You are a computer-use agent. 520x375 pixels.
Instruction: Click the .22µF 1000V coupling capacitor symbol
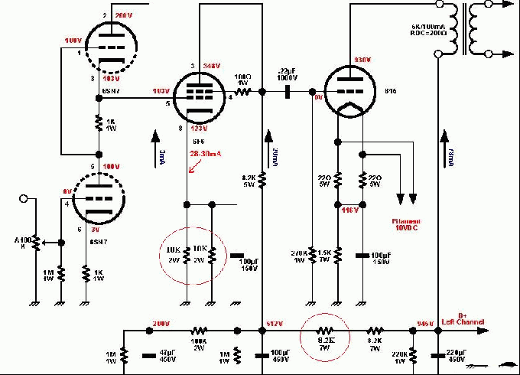pyautogui.click(x=288, y=91)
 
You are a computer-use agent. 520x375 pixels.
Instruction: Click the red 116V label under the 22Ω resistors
pyautogui.click(x=350, y=210)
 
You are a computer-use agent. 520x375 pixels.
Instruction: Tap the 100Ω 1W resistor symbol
pyautogui.click(x=243, y=91)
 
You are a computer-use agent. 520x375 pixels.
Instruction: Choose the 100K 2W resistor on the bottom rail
pyautogui.click(x=200, y=331)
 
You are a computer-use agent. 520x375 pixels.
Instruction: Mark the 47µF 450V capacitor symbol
pyautogui.click(x=149, y=355)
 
